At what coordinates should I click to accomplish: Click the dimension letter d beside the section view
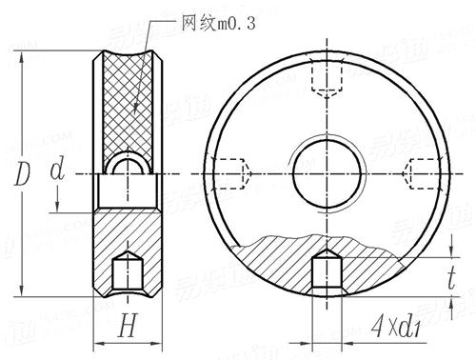(59, 172)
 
